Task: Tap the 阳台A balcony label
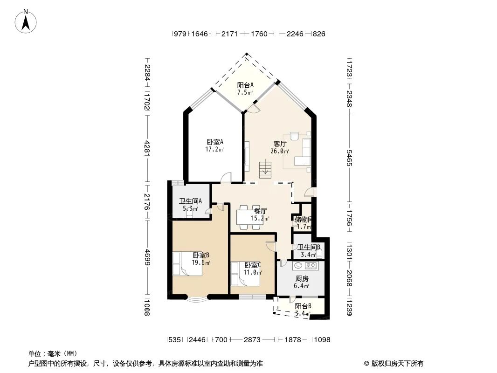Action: click(245, 89)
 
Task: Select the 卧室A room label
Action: click(215, 145)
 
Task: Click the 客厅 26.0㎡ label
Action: click(280, 147)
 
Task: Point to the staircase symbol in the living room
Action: click(265, 168)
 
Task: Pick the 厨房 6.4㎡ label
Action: click(302, 282)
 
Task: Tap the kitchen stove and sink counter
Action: click(305, 266)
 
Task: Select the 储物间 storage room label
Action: click(303, 223)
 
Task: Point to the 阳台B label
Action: click(303, 310)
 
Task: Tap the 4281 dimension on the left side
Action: click(147, 148)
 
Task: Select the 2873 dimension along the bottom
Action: click(252, 340)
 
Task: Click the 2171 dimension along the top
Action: click(230, 34)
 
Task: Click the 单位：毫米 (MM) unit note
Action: click(53, 353)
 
